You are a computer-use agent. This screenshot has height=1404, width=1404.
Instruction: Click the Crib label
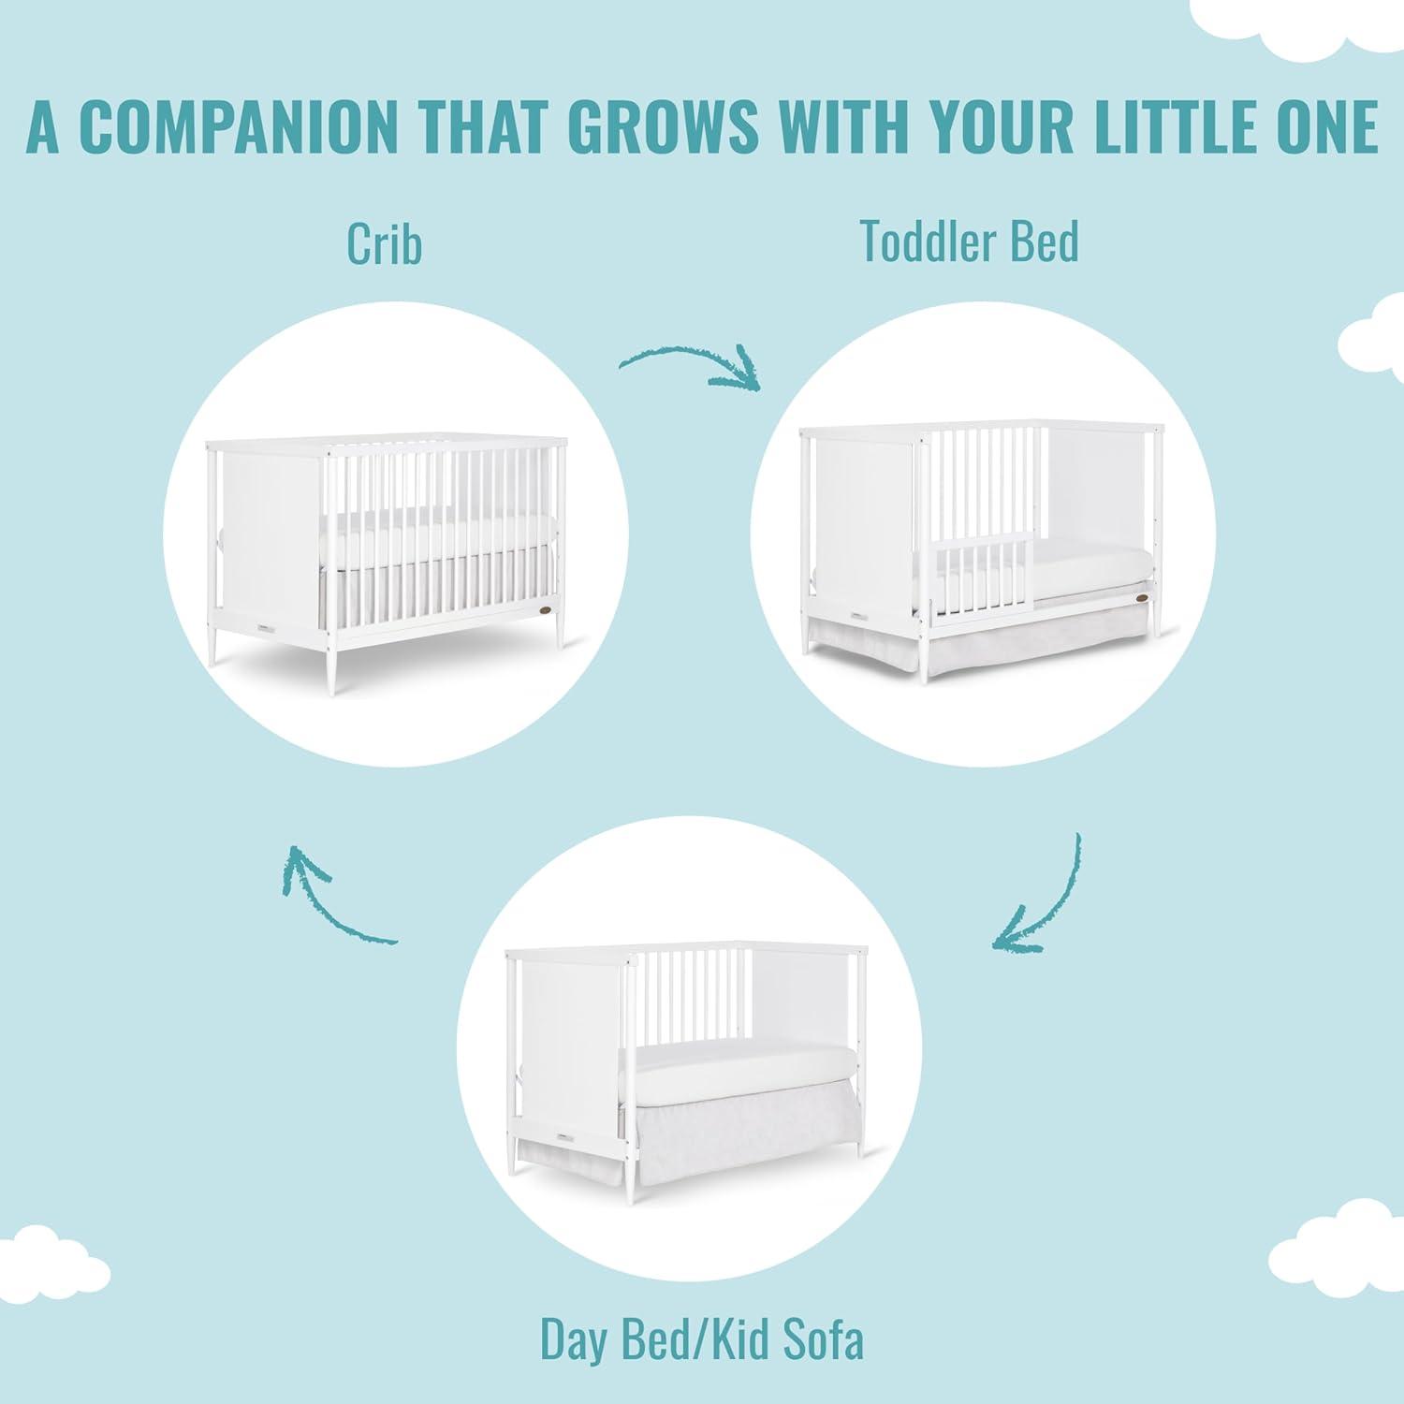384,242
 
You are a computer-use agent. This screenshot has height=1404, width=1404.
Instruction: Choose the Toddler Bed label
970,241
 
